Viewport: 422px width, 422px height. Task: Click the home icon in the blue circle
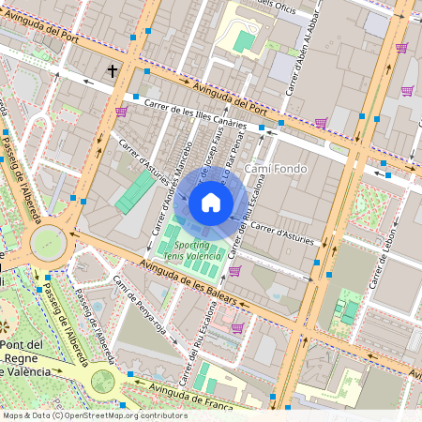[x=211, y=203]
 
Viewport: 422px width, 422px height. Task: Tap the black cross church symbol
[x=113, y=70]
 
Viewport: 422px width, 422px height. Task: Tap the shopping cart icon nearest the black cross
[x=121, y=111]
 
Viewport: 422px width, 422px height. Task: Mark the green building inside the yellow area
[x=244, y=41]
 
